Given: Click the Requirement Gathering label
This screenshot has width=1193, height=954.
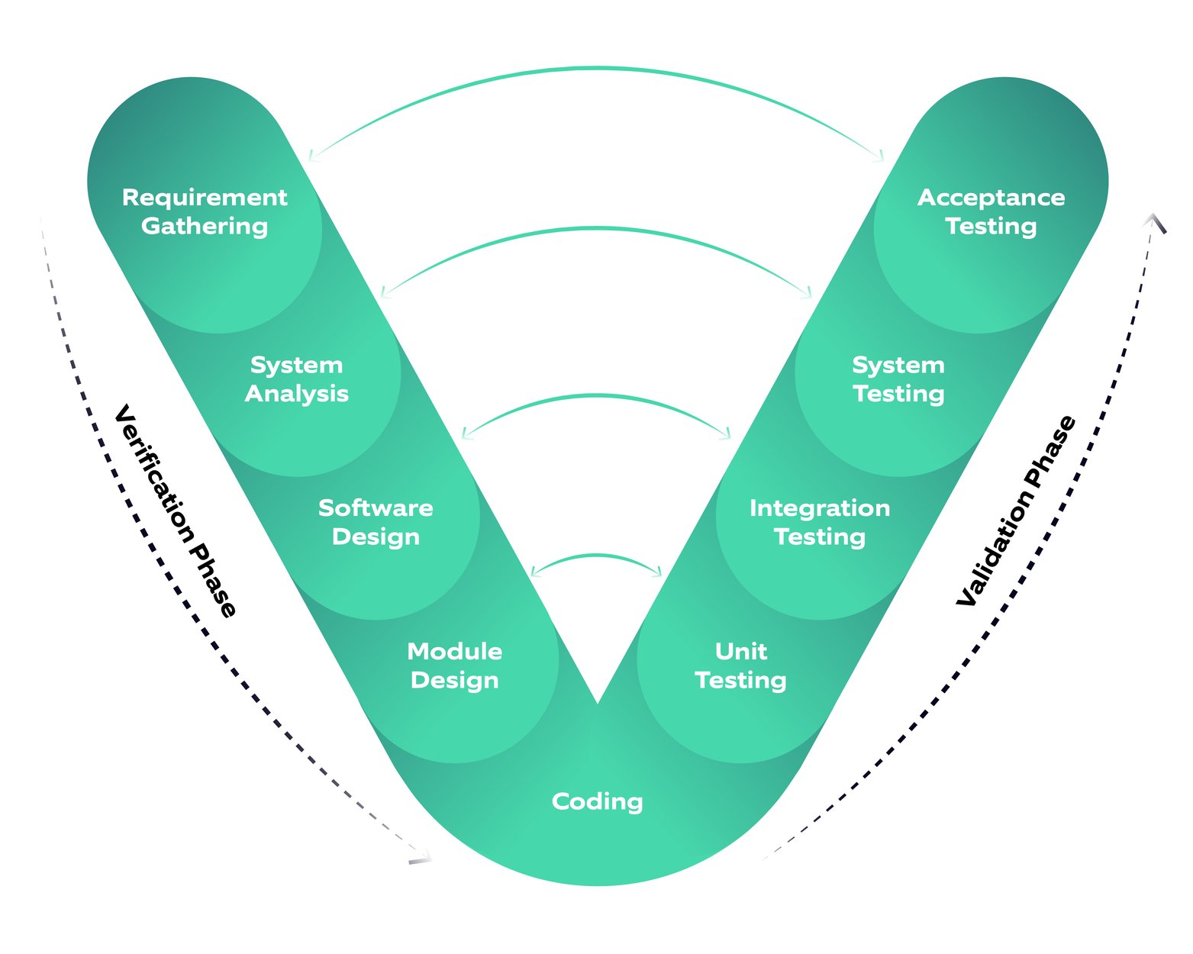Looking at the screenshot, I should coord(205,211).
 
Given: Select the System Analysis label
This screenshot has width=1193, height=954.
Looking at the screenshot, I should coord(296,379).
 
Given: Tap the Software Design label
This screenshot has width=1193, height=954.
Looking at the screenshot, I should coord(376,522).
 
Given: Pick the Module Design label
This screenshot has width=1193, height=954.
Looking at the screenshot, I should coord(454,666).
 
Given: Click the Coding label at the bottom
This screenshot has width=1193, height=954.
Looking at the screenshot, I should coord(597,801).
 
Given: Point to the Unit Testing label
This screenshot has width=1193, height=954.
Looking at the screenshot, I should coord(740,666).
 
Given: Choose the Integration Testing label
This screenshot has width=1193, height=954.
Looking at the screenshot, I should coord(820,522).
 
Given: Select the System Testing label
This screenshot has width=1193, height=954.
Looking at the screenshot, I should coord(898,379).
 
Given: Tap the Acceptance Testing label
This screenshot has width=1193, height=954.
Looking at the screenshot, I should coord(991,211).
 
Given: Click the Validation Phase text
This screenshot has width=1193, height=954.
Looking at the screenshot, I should coord(1016,511).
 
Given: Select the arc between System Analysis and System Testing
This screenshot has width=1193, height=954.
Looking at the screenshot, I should coord(597,228).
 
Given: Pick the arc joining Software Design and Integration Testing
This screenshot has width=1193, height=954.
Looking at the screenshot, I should coord(597,396).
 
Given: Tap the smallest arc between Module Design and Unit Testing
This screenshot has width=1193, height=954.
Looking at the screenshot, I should coord(597,556).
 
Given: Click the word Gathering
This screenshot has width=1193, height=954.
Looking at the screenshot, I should coord(205,227).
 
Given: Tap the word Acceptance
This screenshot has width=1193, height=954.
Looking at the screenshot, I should coord(991,198).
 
